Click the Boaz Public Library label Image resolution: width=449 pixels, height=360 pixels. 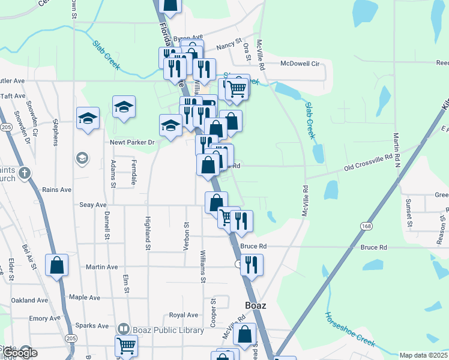[156, 328]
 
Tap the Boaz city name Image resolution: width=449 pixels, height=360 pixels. [252, 305]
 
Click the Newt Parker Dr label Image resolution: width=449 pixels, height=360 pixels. [132, 142]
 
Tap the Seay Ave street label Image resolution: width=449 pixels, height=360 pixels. [93, 205]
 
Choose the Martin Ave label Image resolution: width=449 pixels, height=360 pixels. [102, 267]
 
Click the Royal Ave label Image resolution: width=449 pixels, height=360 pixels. [184, 315]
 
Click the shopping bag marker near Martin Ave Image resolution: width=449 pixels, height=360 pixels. [56, 265]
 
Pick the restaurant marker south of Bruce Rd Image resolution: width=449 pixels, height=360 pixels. [252, 263]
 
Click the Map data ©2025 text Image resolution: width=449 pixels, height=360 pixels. [424, 355]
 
